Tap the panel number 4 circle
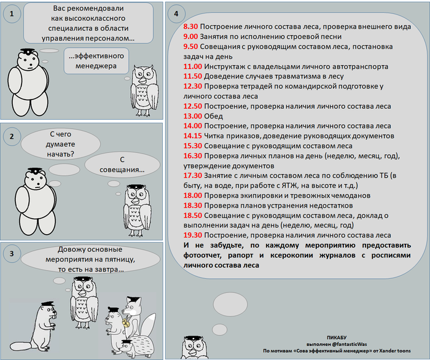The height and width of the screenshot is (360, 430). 176,14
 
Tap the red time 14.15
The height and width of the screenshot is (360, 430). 193,136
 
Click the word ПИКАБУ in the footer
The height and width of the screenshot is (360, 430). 337,337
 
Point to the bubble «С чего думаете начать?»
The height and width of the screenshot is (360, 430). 60,145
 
